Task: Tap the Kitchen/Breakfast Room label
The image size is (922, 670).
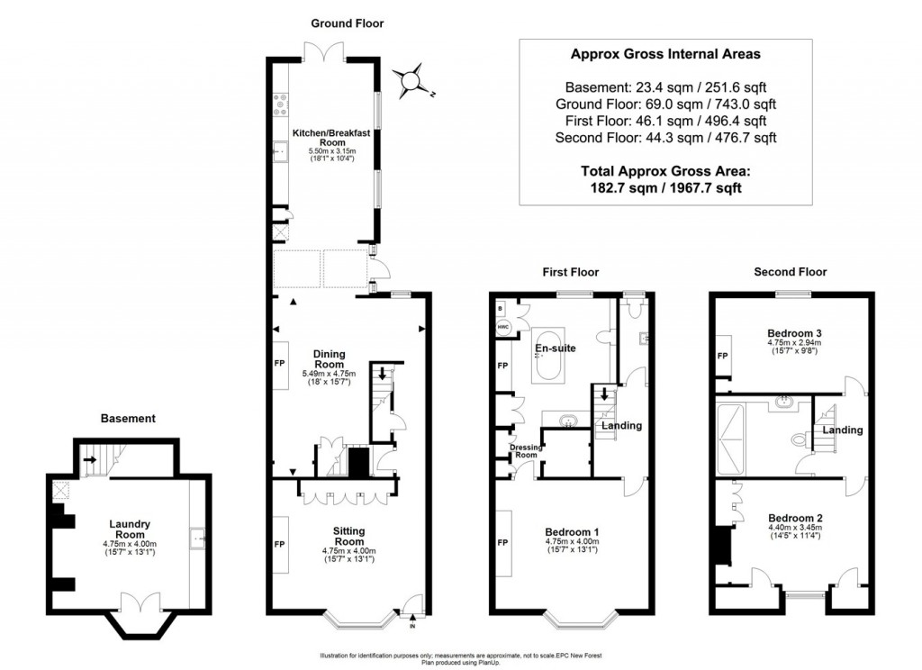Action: (332, 138)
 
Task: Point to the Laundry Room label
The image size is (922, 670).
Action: (130, 529)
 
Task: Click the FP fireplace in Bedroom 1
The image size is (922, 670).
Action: (502, 544)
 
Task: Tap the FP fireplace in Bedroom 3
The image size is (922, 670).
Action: (722, 356)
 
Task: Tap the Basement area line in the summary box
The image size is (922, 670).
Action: (665, 87)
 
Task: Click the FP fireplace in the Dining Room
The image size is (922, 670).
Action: (280, 366)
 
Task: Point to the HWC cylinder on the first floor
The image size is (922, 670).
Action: (502, 329)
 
